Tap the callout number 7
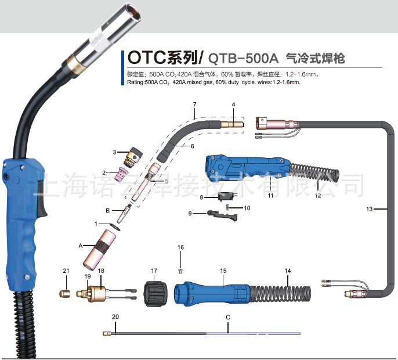[195, 104]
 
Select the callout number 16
[180, 247]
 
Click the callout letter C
[228, 318]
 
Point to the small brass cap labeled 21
[66, 293]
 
